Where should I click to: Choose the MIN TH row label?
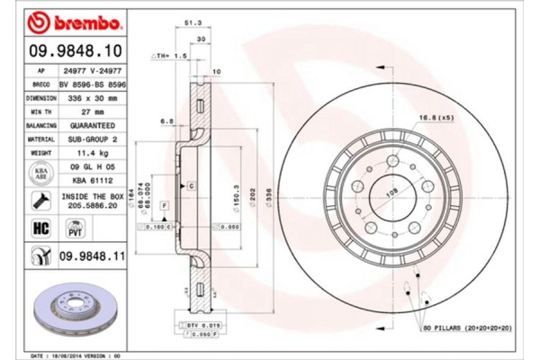pyautogui.click(x=41, y=112)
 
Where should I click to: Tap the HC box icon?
pyautogui.click(x=41, y=229)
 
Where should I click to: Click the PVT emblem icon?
pyautogui.click(x=76, y=229)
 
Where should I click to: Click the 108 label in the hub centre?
pyautogui.click(x=392, y=191)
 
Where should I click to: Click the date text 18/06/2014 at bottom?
pyautogui.click(x=88, y=355)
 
